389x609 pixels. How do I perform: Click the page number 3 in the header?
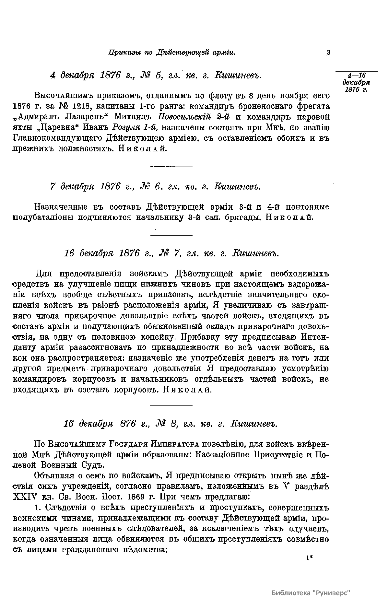click(x=328, y=53)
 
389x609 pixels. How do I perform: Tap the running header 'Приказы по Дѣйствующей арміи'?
click(x=171, y=53)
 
